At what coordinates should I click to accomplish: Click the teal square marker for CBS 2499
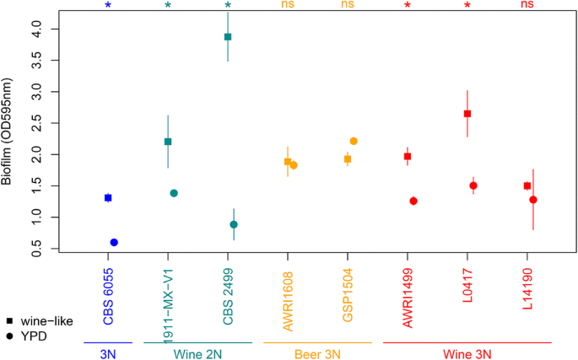coord(228,37)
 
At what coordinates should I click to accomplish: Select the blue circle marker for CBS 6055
coord(114,242)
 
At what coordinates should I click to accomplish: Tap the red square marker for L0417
coord(467,114)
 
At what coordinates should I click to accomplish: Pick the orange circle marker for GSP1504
coord(354,141)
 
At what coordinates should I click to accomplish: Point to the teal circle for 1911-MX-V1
coord(174,193)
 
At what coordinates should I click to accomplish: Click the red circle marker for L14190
coord(533,200)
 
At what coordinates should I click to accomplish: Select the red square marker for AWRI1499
coord(408,157)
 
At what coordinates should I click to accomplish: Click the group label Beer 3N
coord(317,354)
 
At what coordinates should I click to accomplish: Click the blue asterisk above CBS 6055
coord(108,7)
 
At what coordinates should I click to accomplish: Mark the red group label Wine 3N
coord(467,354)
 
